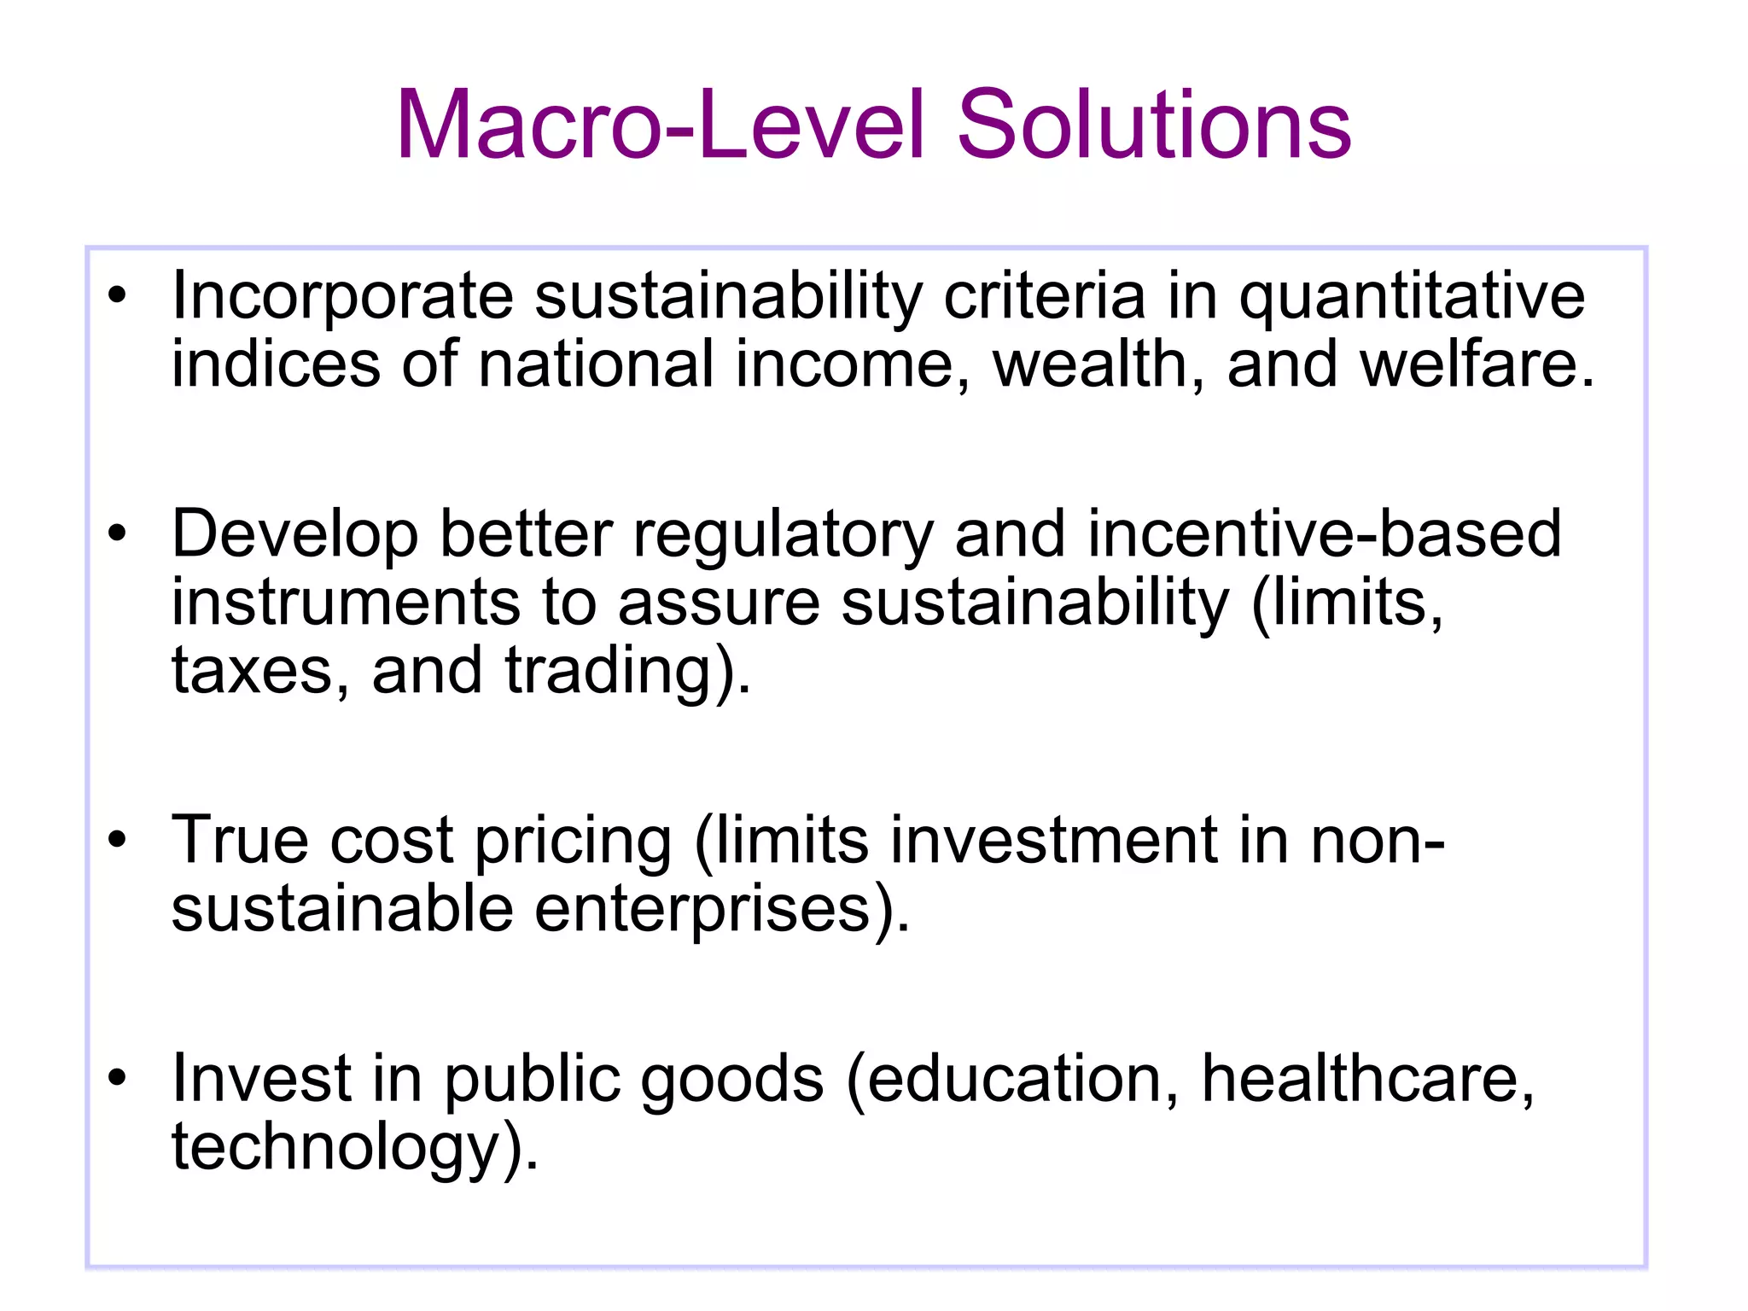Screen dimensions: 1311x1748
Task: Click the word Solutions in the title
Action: (1154, 125)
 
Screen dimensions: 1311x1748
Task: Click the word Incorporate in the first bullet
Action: (342, 296)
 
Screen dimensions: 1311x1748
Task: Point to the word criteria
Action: (1045, 296)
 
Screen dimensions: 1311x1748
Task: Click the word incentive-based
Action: (1325, 534)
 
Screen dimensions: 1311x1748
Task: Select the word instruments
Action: (346, 603)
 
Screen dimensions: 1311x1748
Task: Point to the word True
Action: (240, 841)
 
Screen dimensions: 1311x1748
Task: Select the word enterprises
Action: (714, 910)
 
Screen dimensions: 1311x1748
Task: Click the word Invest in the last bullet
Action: (262, 1078)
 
